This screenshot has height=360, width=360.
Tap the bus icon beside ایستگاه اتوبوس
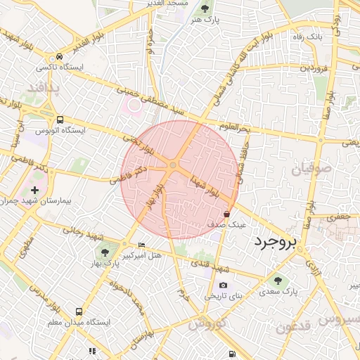pyautogui.click(x=60, y=120)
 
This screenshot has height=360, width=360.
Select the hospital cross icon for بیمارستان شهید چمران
pyautogui.click(x=34, y=190)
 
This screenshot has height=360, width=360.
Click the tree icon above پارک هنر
pyautogui.click(x=205, y=8)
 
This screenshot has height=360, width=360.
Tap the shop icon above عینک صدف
pyautogui.click(x=226, y=214)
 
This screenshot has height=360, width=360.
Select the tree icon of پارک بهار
pyautogui.click(x=105, y=252)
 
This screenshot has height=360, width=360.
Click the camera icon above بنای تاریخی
pyautogui.click(x=223, y=285)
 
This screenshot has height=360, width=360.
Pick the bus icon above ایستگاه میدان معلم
pyautogui.click(x=79, y=311)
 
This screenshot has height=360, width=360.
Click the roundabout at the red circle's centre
pyautogui.click(x=172, y=165)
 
